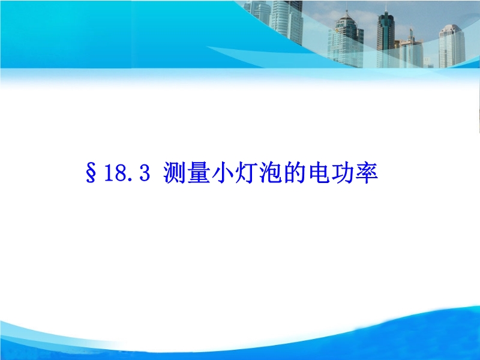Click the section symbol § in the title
91,173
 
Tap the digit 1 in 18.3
109,173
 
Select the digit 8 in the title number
120,173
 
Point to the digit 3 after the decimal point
145,173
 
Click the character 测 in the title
175,173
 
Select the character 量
199,173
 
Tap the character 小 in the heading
223,173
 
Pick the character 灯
247,173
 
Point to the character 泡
271,173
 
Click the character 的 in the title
295,173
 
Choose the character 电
319,173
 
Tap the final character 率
367,173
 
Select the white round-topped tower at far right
452,46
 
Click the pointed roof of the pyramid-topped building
347,16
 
